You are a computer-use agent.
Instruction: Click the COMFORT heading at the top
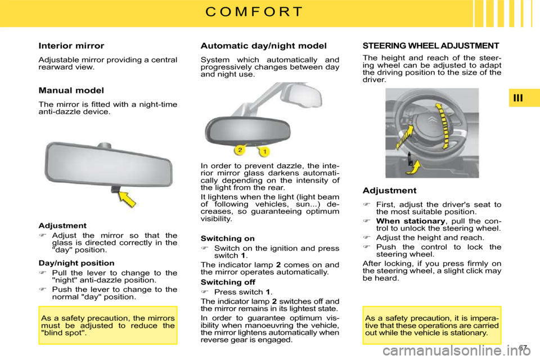[254, 12]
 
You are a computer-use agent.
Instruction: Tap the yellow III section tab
[518, 98]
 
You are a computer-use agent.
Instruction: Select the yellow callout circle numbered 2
[239, 150]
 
